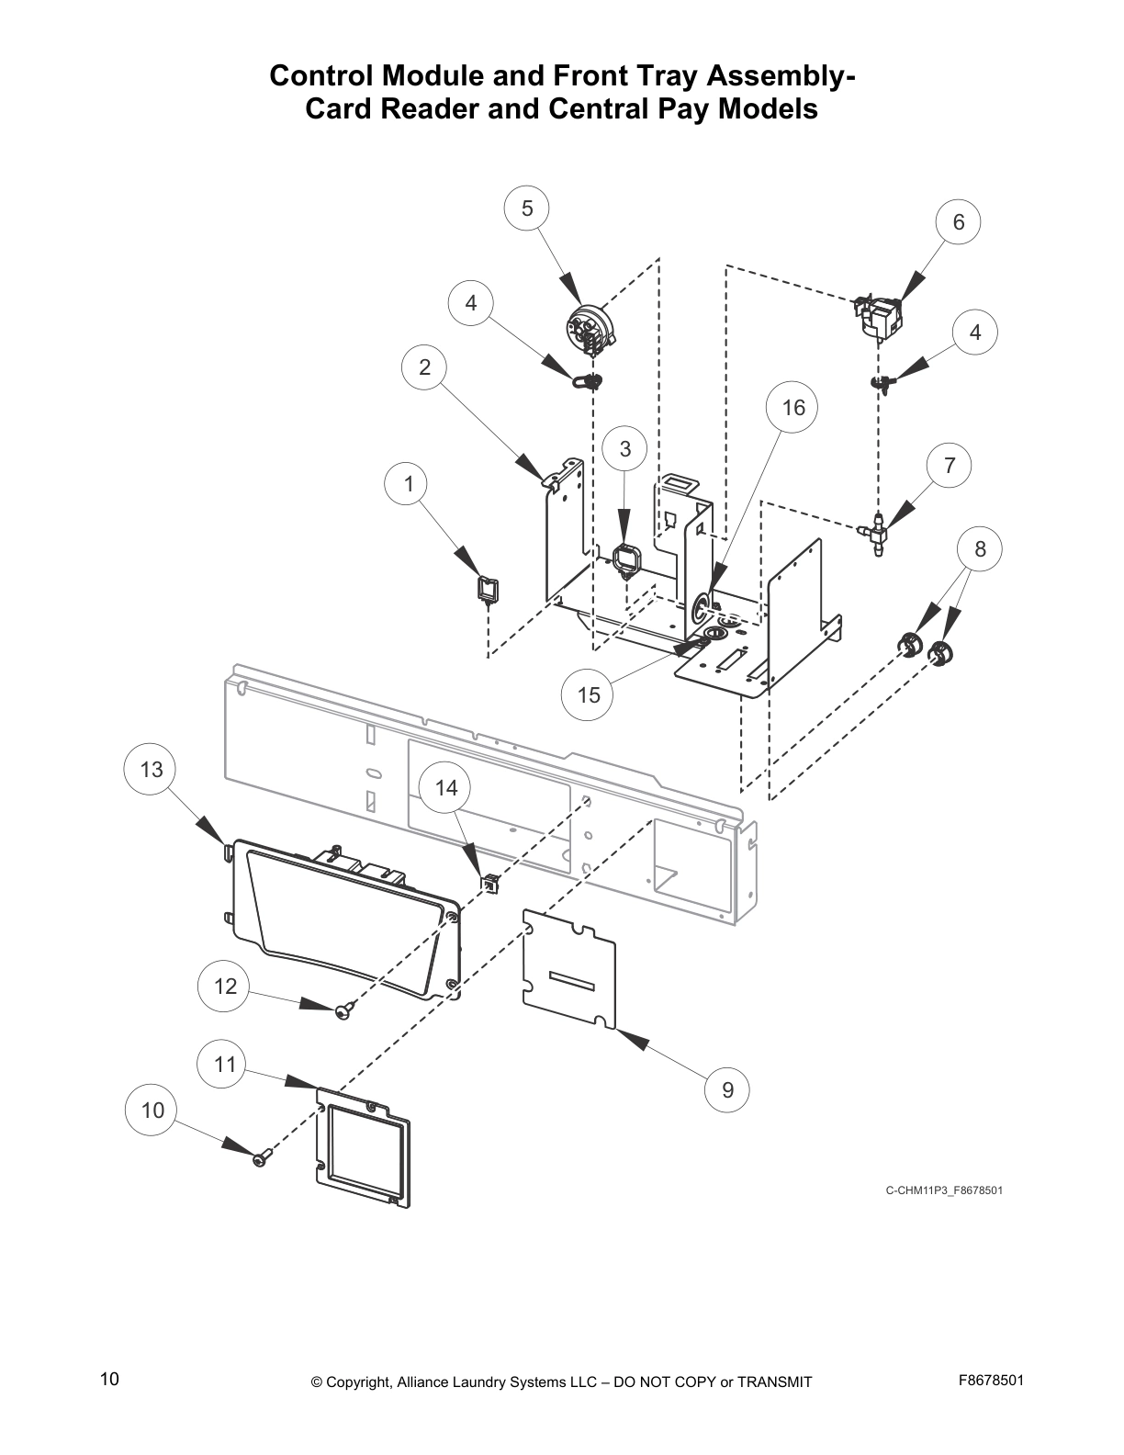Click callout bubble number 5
[x=527, y=209]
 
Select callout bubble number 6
[x=959, y=222]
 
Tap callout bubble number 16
[x=793, y=407]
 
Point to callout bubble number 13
[x=152, y=769]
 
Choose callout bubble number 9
[x=728, y=1090]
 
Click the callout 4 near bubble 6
[x=975, y=333]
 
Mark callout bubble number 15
[x=589, y=695]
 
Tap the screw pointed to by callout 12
[x=343, y=1010]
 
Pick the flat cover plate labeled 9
[x=568, y=970]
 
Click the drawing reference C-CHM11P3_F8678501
[x=943, y=1190]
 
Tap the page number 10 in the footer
[x=109, y=1379]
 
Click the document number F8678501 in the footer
[x=991, y=1381]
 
